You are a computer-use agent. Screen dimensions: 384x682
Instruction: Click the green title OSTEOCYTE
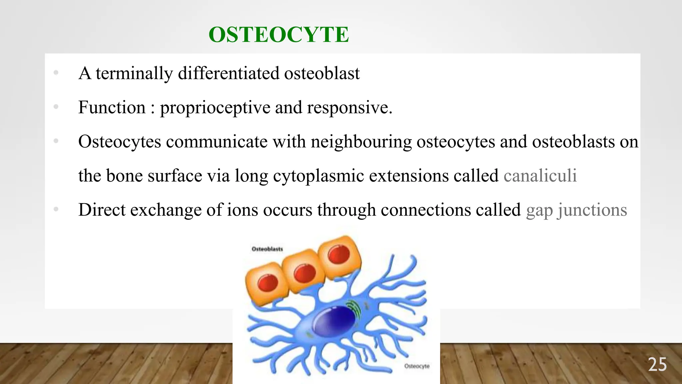pyautogui.click(x=278, y=35)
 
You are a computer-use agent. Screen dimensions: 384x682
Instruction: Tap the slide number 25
pyautogui.click(x=657, y=365)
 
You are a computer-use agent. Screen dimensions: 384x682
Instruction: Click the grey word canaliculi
pyautogui.click(x=540, y=176)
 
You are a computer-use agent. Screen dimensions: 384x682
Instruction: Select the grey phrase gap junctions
pyautogui.click(x=576, y=210)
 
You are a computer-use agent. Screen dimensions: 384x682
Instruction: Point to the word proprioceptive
pyautogui.click(x=215, y=108)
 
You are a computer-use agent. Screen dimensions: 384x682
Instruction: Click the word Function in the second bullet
pyautogui.click(x=112, y=108)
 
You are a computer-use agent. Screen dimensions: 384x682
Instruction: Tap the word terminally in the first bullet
pyautogui.click(x=134, y=74)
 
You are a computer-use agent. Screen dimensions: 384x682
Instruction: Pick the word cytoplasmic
pyautogui.click(x=318, y=176)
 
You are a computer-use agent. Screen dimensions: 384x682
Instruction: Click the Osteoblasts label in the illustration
pyautogui.click(x=267, y=249)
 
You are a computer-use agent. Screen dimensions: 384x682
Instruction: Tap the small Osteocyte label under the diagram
pyautogui.click(x=417, y=366)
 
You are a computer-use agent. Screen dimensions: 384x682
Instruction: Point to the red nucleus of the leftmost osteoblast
pyautogui.click(x=268, y=283)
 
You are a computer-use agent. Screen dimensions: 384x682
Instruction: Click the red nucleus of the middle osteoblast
pyautogui.click(x=304, y=273)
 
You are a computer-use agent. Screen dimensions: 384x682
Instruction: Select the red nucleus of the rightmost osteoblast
pyautogui.click(x=339, y=255)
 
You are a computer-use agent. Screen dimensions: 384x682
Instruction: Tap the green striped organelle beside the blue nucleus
pyautogui.click(x=353, y=308)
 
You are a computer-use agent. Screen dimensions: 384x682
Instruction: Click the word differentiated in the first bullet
pyautogui.click(x=228, y=74)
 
